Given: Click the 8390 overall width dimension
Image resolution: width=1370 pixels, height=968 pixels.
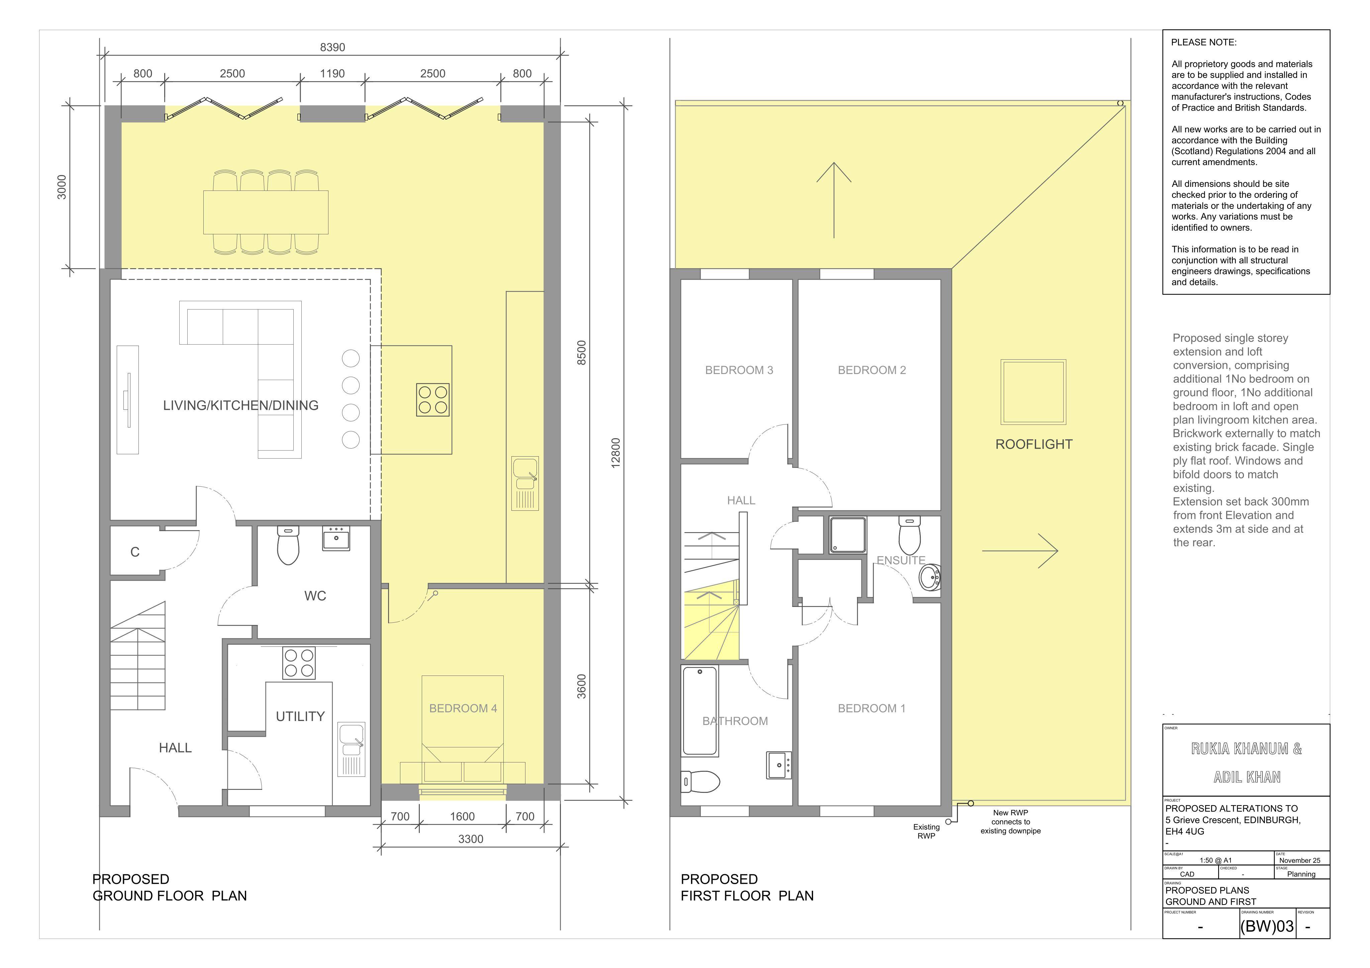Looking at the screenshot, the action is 332,47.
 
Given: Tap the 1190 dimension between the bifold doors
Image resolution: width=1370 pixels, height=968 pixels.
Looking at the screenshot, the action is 332,73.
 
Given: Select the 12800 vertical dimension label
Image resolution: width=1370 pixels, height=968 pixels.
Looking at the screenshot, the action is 616,453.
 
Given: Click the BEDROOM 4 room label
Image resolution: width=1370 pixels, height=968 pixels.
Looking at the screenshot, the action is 463,709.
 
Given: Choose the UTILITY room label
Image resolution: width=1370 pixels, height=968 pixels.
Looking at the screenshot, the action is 300,716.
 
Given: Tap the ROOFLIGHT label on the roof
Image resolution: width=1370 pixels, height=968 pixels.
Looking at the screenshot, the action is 1034,444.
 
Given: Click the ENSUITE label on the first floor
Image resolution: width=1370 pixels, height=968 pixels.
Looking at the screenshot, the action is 901,561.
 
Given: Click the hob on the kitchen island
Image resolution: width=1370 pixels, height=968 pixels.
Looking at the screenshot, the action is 432,400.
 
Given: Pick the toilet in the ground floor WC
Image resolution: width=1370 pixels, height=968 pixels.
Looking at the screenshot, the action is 288,545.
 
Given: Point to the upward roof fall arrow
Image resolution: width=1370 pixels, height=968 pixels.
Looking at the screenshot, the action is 834,200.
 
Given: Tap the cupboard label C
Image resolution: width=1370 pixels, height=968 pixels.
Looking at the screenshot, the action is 135,552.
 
